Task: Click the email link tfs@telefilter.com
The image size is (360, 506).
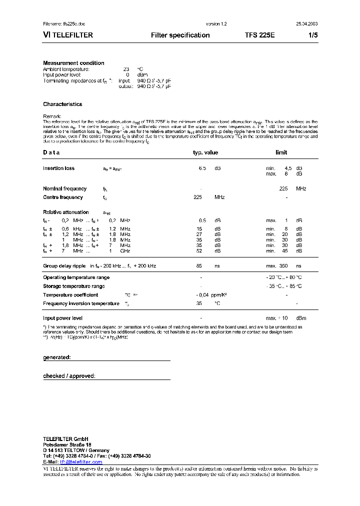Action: coord(81,462)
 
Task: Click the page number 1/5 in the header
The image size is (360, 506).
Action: coord(310,35)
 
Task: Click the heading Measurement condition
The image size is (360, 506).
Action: coord(73,63)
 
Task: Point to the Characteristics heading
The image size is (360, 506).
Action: coord(62,104)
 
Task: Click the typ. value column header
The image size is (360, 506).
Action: coord(205,152)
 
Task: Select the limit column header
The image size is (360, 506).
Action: coord(281,152)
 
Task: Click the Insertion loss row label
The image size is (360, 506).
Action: coord(58,168)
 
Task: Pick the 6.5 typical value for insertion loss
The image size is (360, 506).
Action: coord(202,168)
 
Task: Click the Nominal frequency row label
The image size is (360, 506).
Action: coord(64,188)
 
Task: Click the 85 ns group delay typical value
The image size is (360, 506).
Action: coord(199,266)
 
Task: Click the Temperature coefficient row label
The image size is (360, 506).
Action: coord(70,295)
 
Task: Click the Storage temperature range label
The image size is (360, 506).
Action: coord(74,286)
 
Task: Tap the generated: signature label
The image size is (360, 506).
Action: coord(57,357)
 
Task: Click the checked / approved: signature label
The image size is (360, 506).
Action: coord(69,375)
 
